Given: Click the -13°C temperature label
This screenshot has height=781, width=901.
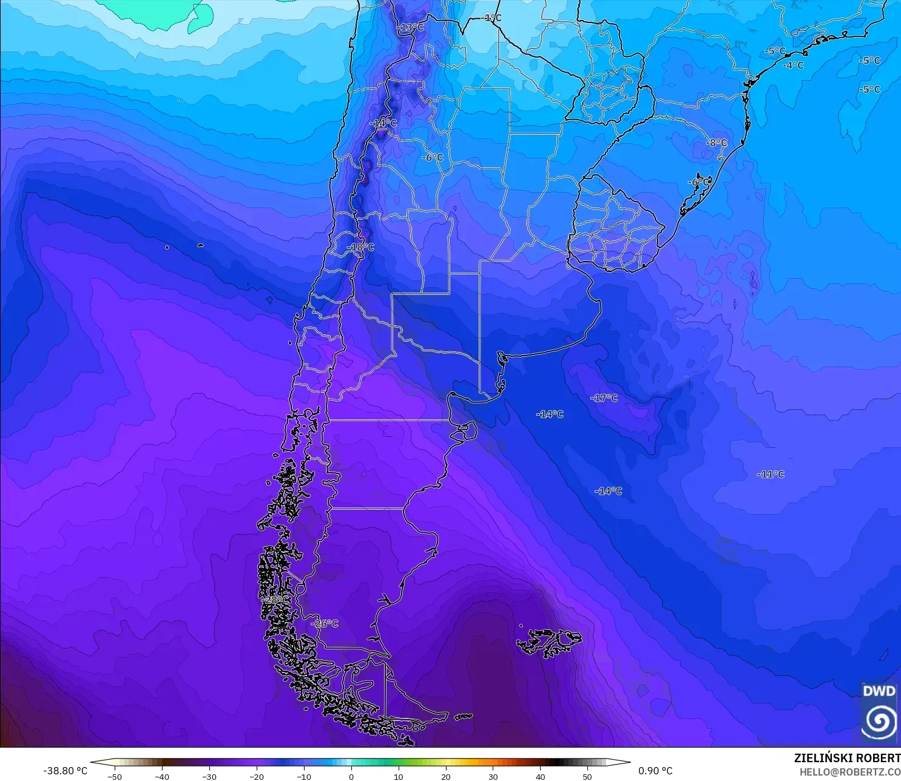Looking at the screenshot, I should coord(410,27).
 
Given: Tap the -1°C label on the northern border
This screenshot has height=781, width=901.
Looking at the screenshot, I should coord(492,18).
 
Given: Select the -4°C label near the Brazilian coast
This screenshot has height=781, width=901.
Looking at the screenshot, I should coord(793,66).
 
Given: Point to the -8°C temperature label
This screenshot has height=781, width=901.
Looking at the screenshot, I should coord(717,143).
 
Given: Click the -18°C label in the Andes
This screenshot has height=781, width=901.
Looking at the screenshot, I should coord(360,248).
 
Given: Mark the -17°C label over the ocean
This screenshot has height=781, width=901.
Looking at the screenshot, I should coord(604,398).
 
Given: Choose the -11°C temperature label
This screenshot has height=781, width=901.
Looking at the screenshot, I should coord(771,475).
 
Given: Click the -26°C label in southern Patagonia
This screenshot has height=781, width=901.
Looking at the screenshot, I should coord(325,624).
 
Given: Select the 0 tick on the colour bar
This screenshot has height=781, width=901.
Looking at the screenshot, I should coord(351,776).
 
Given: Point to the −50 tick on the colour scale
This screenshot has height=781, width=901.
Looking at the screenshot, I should coord(114,776).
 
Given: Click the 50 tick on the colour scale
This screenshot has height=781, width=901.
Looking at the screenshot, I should coord(587,776).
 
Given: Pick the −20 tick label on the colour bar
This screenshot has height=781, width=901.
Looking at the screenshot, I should coord(256,776).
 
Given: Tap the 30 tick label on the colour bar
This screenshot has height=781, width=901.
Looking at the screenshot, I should coord(493,776).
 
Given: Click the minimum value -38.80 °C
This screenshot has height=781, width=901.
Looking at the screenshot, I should coord(65,771).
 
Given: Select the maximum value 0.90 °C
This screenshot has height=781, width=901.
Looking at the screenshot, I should coord(655,771).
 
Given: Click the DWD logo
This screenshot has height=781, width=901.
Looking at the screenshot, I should coord(879,712).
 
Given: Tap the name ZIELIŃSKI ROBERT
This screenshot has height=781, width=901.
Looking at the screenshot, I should coord(847,758).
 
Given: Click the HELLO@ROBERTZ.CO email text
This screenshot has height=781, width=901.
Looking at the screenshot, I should coord(849,772).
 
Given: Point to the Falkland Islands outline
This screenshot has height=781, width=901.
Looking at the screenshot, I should coord(549,642).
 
